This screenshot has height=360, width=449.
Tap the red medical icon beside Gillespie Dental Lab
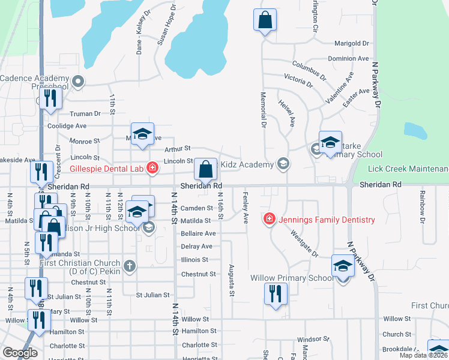[152, 167]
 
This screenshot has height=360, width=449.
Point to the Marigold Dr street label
[351, 43]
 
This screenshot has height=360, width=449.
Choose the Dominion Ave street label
[348, 58]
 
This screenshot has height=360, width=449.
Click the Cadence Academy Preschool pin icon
[77, 80]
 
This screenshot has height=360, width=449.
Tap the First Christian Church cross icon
[129, 265]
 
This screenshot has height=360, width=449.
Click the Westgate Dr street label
[304, 243]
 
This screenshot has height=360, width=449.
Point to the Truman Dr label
[80, 113]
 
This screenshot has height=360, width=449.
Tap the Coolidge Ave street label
[67, 126]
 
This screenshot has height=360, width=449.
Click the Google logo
[19, 353]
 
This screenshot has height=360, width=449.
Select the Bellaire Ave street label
[198, 233]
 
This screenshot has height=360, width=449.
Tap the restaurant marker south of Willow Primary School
[276, 294]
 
